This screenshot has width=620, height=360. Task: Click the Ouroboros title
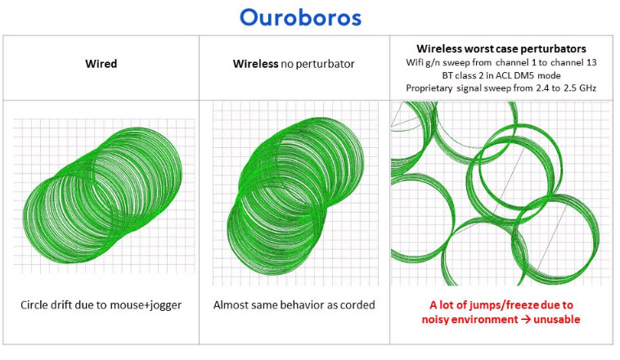tap(300, 17)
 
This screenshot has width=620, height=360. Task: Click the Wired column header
tap(101, 64)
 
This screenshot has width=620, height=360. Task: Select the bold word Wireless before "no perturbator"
tap(255, 64)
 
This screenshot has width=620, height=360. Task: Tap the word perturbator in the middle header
tap(317, 64)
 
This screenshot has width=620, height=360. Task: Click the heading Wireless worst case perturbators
tap(501, 48)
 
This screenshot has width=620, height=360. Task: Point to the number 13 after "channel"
tap(591, 62)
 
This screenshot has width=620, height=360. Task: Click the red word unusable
tap(557, 319)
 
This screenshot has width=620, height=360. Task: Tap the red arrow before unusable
tap(525, 319)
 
